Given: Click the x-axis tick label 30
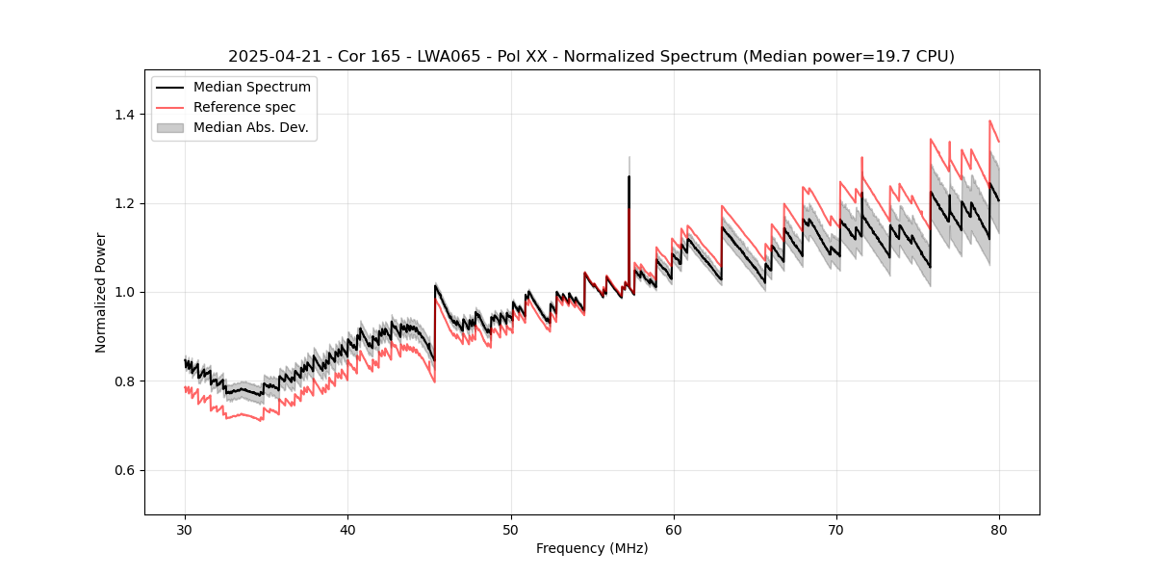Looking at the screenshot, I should [x=185, y=529].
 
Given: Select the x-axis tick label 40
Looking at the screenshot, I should [x=347, y=529].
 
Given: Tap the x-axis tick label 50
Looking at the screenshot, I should [x=510, y=529].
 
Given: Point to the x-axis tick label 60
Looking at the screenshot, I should [x=674, y=529].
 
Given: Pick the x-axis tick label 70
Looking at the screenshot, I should [x=836, y=529].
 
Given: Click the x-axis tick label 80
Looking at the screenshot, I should [x=999, y=529].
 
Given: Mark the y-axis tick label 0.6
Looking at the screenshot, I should [x=125, y=470].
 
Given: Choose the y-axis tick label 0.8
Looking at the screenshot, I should [x=125, y=381].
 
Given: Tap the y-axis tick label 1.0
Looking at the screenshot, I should [x=125, y=292].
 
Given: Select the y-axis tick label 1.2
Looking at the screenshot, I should [x=125, y=203].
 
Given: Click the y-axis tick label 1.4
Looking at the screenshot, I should [x=125, y=115].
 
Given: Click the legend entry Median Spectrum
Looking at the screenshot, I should [x=251, y=88].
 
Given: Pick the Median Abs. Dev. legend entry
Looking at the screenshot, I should [x=250, y=127].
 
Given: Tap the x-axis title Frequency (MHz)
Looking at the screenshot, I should [x=592, y=548].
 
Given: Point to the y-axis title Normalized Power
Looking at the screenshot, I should [x=101, y=292].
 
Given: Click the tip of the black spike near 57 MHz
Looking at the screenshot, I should [x=629, y=176].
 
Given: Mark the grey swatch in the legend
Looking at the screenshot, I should [x=172, y=127].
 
